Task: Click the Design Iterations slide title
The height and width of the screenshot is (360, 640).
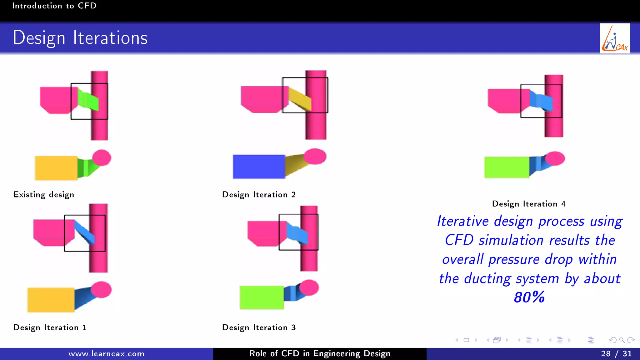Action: coord(80,38)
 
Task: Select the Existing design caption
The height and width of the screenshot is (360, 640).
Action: coord(44,195)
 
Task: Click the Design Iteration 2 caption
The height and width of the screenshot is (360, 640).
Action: coord(259,195)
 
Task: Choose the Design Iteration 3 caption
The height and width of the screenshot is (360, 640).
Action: coord(259,327)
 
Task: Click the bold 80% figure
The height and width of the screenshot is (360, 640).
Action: coord(529,297)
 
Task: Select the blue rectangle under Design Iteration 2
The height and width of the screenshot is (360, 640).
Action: coord(259,167)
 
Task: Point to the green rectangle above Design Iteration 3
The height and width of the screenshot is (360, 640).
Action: coord(262,297)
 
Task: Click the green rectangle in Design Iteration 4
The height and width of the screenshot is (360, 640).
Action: coord(507,167)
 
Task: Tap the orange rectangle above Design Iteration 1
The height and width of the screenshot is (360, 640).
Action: coord(51,300)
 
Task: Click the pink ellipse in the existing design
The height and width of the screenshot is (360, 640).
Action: coord(102,157)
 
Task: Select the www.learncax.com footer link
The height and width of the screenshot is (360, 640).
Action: coord(107,354)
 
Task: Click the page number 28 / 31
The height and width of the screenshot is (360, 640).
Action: coord(616,354)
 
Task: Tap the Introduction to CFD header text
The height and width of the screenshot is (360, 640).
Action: coord(54,6)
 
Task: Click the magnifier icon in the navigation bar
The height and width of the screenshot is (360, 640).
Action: coord(622,340)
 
